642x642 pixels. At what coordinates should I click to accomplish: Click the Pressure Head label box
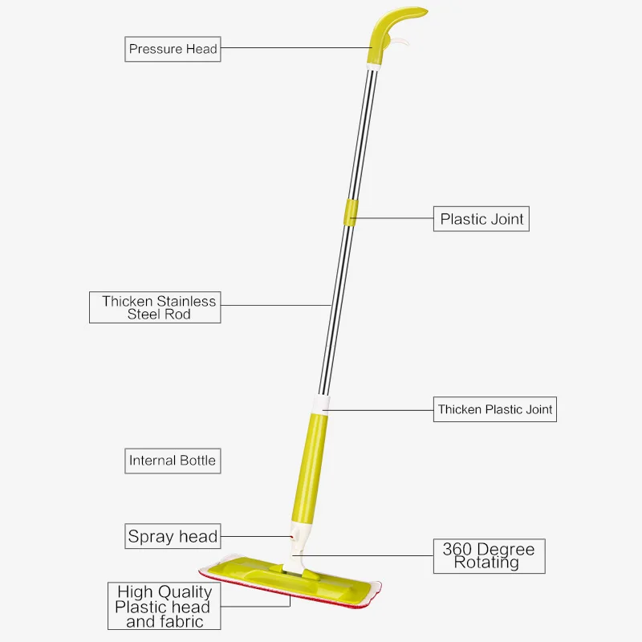(x=173, y=49)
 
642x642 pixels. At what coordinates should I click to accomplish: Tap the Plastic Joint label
(x=481, y=218)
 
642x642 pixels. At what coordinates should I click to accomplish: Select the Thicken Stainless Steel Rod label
(x=154, y=307)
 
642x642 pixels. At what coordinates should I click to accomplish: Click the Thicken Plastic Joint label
(x=495, y=409)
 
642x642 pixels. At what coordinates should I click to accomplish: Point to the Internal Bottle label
(x=173, y=461)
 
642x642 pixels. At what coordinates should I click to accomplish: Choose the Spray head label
(x=173, y=536)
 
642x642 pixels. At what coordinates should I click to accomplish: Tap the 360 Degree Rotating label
(x=489, y=555)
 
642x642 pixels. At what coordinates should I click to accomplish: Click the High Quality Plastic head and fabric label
(x=163, y=606)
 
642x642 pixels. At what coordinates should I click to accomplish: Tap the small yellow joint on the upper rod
(x=349, y=210)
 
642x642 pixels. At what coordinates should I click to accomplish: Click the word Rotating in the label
(x=486, y=563)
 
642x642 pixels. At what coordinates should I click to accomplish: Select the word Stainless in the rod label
(x=186, y=302)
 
